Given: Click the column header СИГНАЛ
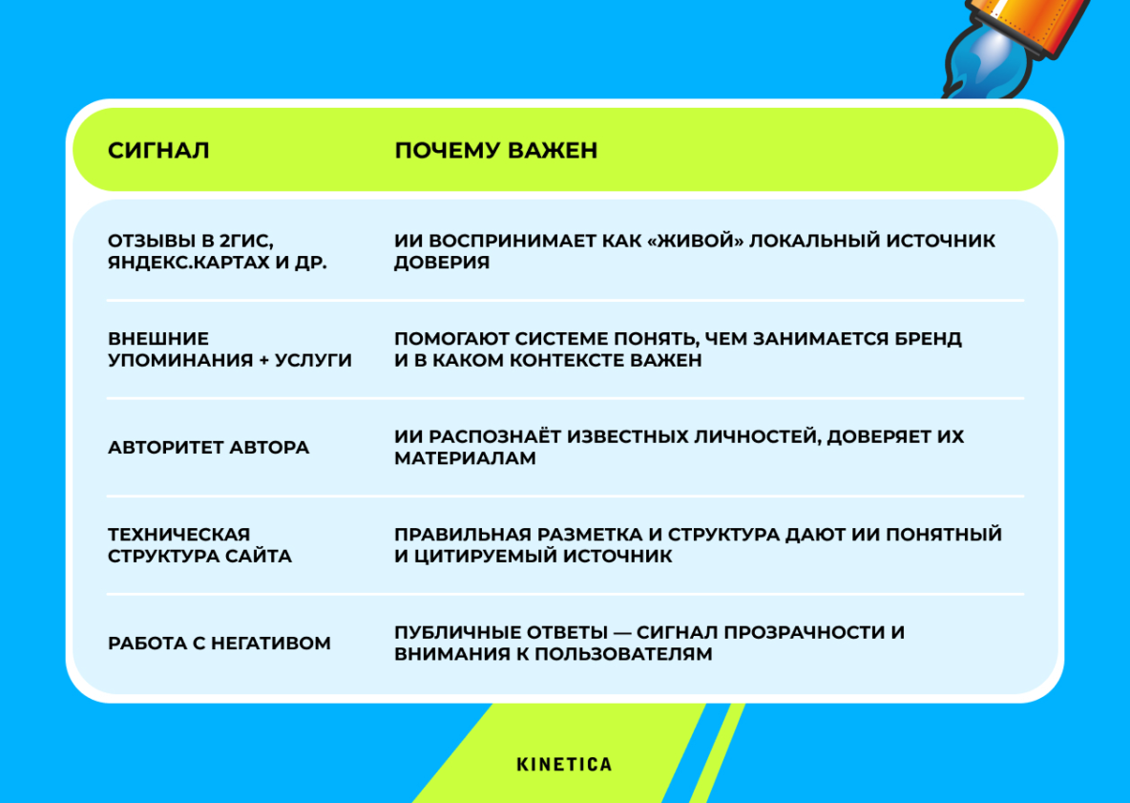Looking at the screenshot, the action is point(158,150).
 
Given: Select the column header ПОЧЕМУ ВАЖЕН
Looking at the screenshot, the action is point(496,150).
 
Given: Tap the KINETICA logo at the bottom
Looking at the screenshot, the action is point(564,764).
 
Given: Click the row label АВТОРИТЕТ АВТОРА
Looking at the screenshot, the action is point(208,447).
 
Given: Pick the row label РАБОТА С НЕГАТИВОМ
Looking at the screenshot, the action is point(220,643).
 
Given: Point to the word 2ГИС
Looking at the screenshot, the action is point(246,241).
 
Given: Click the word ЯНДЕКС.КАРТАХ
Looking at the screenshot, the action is point(189,262).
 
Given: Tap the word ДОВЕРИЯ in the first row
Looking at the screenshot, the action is point(442,262).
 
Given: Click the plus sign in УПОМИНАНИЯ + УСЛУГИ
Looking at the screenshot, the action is point(263,360).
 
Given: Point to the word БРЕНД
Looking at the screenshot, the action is point(929,339).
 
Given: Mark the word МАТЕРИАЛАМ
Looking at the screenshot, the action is point(465,457).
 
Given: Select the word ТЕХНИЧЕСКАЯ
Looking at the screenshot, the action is point(178,534).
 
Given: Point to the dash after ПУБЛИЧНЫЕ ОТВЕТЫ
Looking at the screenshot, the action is point(622,633).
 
